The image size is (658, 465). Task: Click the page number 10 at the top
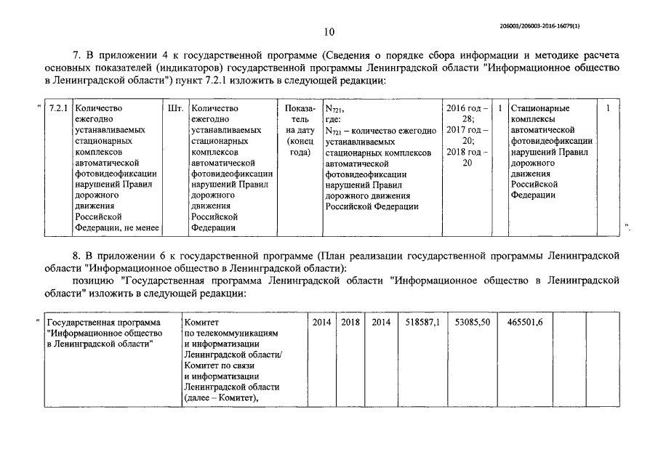point(329,31)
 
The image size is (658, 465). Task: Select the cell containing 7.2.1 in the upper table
point(57,108)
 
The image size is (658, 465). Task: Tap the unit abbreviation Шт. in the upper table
point(174,108)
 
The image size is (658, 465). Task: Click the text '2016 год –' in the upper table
point(466,108)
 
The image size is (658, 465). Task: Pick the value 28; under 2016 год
point(468,119)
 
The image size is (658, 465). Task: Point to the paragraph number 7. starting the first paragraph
point(79,54)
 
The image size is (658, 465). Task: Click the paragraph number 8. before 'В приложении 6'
point(79,256)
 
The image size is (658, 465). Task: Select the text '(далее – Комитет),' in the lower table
point(222,397)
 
